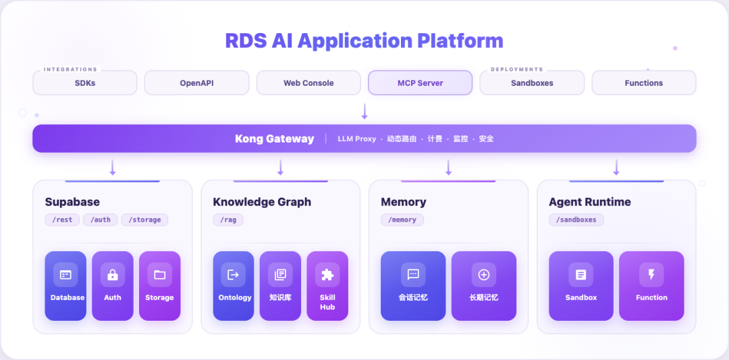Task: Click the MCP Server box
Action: coord(421,83)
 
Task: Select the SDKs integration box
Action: coord(85,83)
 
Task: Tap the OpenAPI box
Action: coord(196,83)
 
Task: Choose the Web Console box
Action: coord(308,83)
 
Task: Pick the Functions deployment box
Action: coord(644,83)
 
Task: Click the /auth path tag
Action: coord(101,220)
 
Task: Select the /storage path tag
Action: coord(144,220)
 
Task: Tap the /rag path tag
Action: coord(228,220)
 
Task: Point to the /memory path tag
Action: coord(402,220)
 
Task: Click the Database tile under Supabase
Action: coord(65,286)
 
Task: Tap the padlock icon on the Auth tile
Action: coord(113,275)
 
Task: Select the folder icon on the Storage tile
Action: coord(159,275)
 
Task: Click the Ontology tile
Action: coord(234,286)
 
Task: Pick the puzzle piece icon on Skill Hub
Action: coord(327,275)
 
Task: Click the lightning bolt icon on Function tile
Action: coord(651,274)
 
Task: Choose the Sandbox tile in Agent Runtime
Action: coord(581,286)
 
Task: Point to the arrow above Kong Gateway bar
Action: coord(364,111)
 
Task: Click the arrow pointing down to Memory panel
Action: coord(449,168)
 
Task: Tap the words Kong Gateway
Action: coord(274,138)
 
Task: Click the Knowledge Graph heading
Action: coord(262,203)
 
